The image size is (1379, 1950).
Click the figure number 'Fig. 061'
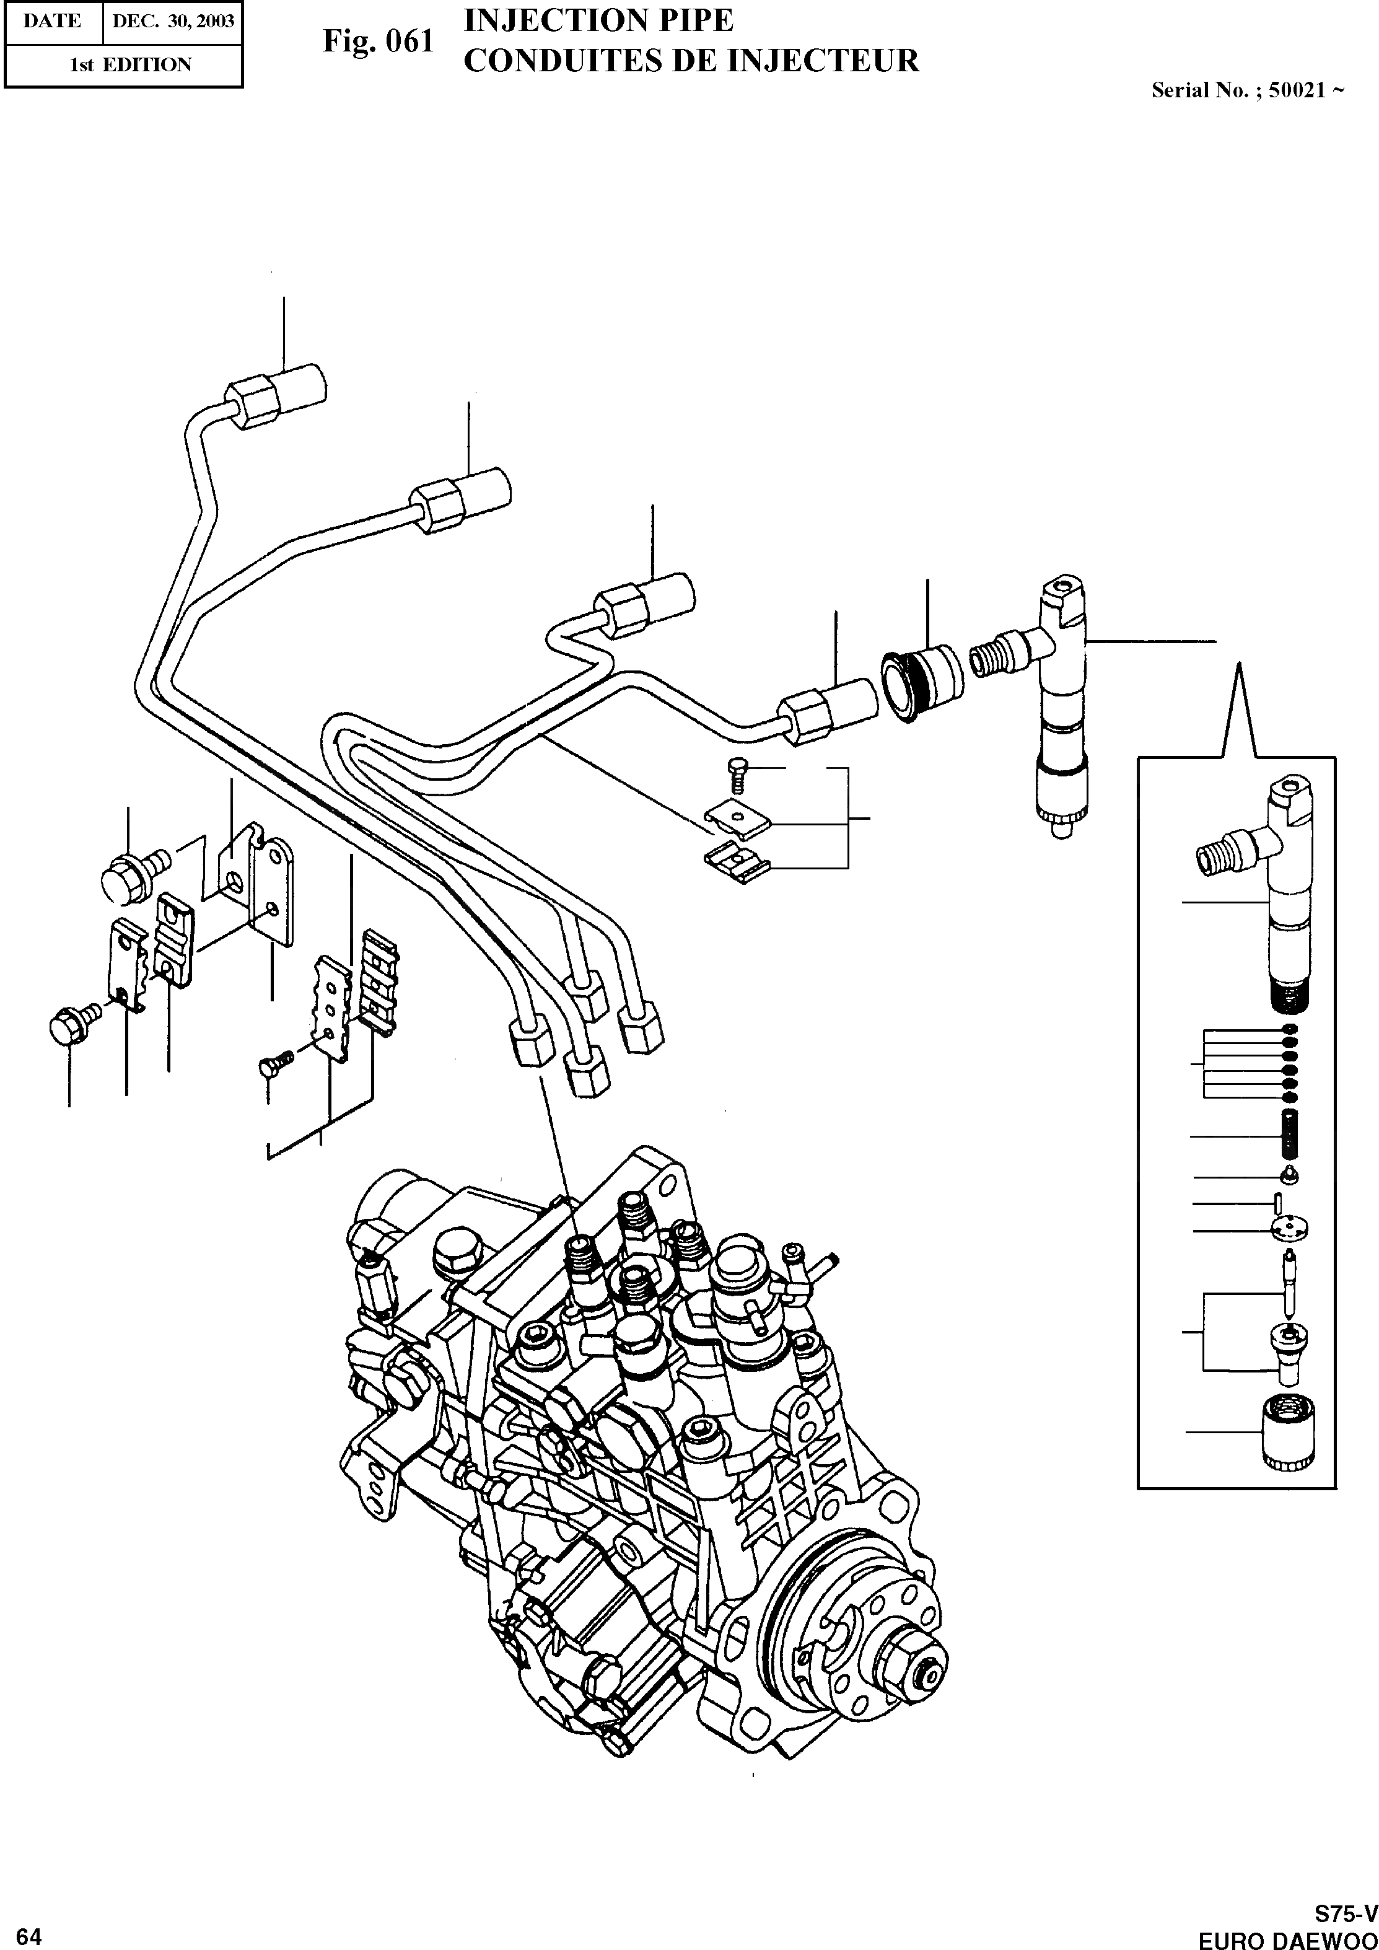tap(378, 41)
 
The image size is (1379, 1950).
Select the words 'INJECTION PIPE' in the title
tap(598, 20)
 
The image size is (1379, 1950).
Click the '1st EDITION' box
tap(130, 64)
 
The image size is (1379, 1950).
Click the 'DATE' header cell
tap(53, 20)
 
